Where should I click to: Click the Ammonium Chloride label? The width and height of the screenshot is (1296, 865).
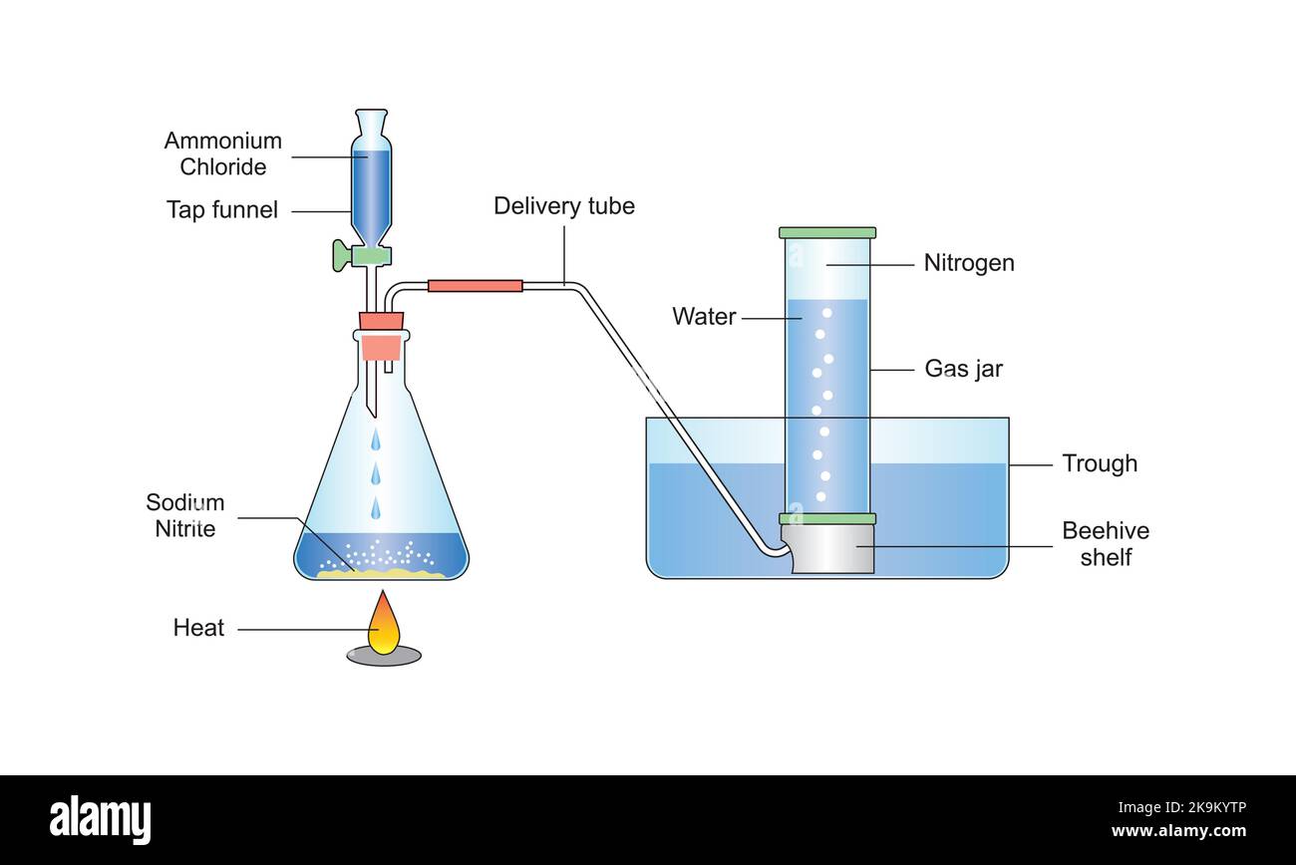pyautogui.click(x=222, y=153)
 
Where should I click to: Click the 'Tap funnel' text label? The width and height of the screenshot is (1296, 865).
pyautogui.click(x=222, y=210)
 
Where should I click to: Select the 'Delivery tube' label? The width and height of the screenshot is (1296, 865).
pyautogui.click(x=563, y=206)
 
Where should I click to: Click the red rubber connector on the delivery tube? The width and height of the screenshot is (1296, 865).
pyautogui.click(x=475, y=286)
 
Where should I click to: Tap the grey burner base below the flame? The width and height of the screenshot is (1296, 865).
pyautogui.click(x=384, y=656)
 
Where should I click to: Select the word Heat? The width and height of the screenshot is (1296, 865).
pyautogui.click(x=198, y=628)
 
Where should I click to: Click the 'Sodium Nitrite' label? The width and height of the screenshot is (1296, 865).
pyautogui.click(x=185, y=515)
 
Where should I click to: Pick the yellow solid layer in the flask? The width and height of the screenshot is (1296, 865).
pyautogui.click(x=381, y=573)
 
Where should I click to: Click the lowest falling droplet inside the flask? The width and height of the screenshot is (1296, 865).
pyautogui.click(x=376, y=509)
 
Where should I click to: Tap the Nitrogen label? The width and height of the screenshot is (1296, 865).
pyautogui.click(x=968, y=263)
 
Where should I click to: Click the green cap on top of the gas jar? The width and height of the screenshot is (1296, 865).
pyautogui.click(x=827, y=232)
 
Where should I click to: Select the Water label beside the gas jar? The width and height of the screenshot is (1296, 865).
pyautogui.click(x=704, y=317)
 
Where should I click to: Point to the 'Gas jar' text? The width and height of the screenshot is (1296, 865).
pyautogui.click(x=963, y=369)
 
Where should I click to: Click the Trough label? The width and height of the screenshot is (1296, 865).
pyautogui.click(x=1099, y=463)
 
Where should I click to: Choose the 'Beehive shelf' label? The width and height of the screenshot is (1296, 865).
pyautogui.click(x=1105, y=543)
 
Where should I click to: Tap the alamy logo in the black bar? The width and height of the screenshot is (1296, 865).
pyautogui.click(x=100, y=820)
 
